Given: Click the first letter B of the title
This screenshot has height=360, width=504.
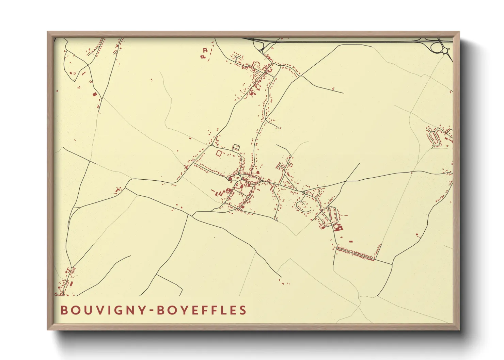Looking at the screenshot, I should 64,310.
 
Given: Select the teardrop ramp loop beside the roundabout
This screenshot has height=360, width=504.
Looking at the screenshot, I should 435,47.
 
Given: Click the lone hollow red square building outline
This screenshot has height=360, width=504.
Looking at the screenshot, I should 219,153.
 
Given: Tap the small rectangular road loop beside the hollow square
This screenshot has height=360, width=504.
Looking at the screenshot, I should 236,147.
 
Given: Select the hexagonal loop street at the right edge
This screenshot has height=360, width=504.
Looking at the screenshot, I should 435,137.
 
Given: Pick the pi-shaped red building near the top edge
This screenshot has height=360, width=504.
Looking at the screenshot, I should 205,50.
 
